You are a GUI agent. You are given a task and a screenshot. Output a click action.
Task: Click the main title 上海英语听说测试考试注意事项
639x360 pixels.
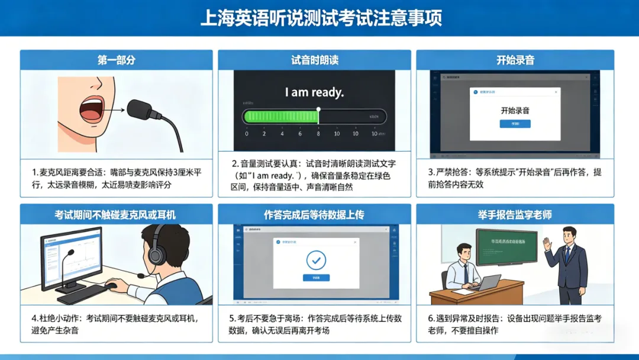coord(319,17)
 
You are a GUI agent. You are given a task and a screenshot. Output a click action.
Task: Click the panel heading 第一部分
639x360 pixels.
coord(116,60)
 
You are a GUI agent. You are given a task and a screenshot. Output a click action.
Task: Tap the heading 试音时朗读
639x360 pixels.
coord(314,60)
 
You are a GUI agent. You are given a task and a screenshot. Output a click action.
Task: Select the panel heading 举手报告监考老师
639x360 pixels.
coord(515,214)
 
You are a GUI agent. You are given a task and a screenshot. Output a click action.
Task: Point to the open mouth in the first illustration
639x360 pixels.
coord(91,107)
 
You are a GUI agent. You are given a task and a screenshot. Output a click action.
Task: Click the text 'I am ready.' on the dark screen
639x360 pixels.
coord(314,92)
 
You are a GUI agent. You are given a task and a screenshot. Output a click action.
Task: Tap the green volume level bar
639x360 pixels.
coord(280,116)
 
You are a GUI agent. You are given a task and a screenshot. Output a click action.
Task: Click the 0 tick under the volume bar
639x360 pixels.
coord(246,134)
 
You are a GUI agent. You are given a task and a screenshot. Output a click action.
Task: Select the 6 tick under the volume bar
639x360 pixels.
coord(300,134)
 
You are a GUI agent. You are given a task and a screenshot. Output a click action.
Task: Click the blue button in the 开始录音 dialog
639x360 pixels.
coord(515,124)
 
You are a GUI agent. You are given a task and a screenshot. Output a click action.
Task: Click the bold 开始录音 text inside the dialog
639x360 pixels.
coord(515,110)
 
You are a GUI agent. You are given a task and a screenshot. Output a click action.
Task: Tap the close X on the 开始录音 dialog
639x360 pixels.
coord(556,92)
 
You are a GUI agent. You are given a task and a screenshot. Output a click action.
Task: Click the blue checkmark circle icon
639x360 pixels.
coord(316,260)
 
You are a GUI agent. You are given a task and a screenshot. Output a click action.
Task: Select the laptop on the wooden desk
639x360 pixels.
coord(487,282)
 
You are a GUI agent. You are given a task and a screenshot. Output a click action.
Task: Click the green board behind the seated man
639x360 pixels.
coord(507,245)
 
